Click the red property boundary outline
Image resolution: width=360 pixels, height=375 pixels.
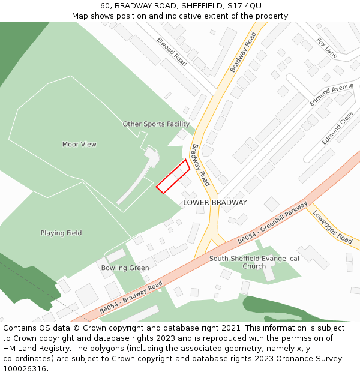[173, 176]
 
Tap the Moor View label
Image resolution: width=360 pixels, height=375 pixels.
[79, 145]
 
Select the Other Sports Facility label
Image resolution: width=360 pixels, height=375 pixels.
[156, 124]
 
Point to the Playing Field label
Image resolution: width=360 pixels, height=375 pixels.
[61, 233]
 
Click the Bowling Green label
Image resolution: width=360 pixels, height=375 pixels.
[125, 268]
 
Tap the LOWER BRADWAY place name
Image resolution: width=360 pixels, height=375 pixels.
[215, 203]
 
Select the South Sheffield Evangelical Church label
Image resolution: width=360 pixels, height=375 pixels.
[254, 262]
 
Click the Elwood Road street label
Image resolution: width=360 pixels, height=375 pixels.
[172, 51]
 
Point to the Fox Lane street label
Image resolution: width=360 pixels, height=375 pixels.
[327, 49]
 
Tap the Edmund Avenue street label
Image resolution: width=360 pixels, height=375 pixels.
[331, 95]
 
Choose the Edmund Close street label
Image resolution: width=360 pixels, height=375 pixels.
[337, 128]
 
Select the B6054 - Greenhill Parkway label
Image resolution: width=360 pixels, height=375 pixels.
[272, 221]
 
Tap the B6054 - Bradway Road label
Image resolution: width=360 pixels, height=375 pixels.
[131, 297]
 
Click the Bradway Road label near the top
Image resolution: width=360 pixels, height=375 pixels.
[243, 52]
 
